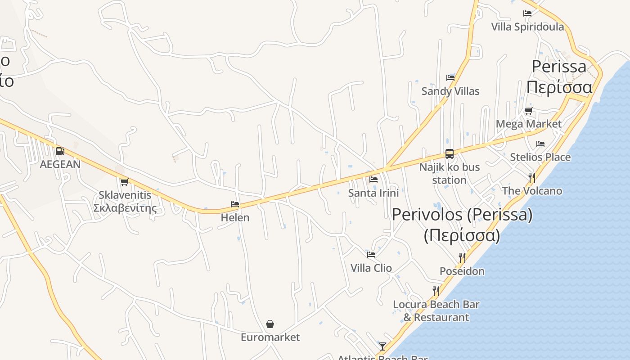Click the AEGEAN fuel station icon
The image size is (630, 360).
(x=60, y=151)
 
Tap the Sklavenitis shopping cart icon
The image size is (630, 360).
(x=124, y=182)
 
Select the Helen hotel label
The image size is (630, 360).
(x=235, y=217)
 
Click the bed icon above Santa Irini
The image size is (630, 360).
(x=373, y=180)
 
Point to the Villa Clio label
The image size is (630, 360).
(x=371, y=268)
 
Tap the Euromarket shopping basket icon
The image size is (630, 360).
(x=270, y=324)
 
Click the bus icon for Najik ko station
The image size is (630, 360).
(x=449, y=153)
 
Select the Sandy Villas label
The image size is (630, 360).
(x=450, y=91)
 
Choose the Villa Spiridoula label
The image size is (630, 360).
(x=527, y=27)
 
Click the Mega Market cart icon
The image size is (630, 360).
(x=528, y=111)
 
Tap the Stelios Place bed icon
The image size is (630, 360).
(x=540, y=144)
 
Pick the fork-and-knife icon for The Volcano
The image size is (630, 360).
(x=532, y=177)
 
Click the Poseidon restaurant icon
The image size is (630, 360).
(x=462, y=257)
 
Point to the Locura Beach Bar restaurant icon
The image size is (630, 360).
(x=436, y=291)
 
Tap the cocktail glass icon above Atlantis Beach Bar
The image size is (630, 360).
(x=382, y=346)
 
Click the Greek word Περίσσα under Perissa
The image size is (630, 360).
(x=559, y=86)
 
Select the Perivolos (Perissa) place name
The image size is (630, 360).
(x=462, y=215)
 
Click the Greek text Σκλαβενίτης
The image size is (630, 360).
(x=125, y=208)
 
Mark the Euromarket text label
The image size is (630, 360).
(x=270, y=337)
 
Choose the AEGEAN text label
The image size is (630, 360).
(x=60, y=164)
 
